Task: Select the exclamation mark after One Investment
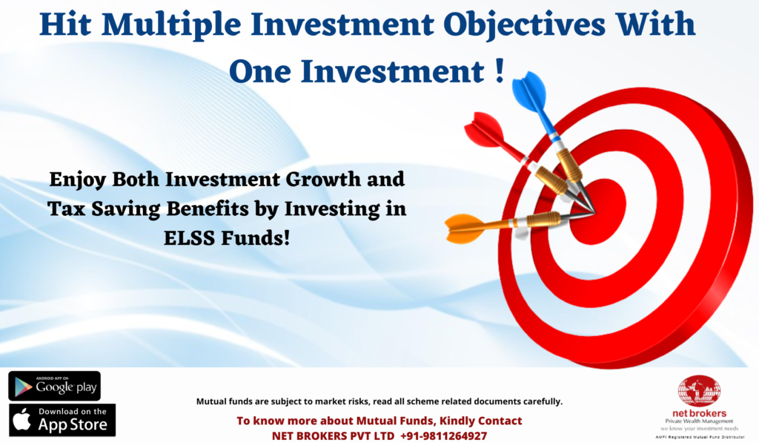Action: pos(500,70)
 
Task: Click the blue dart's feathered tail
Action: pos(531,94)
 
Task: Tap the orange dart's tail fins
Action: pos(464,227)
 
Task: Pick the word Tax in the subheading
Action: pos(66,209)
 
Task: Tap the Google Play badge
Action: pos(55,387)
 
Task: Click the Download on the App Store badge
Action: pos(62,420)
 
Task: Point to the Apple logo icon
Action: pos(21,419)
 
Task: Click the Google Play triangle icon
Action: pos(23,387)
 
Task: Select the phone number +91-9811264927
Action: pos(443,436)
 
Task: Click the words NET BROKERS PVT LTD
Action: pos(333,436)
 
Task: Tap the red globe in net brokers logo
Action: pos(699,391)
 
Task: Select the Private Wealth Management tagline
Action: pos(699,421)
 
